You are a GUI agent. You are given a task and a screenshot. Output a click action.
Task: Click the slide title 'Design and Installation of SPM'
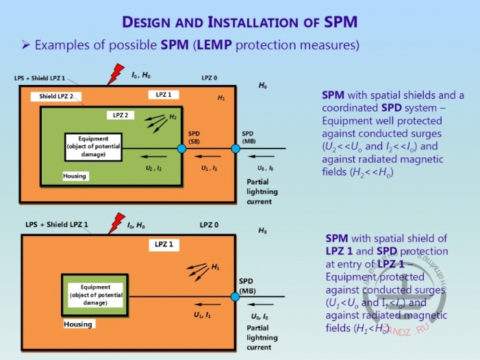point(240,21)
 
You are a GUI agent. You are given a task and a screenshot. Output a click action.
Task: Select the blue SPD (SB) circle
point(181,148)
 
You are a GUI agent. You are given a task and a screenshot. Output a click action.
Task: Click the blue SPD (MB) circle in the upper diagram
point(235,148)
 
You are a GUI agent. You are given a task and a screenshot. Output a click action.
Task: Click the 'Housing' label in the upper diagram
point(75,176)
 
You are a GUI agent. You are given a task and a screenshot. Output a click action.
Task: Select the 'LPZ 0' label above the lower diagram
point(210,224)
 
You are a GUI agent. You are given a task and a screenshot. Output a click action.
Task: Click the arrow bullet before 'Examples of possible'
point(25,46)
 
